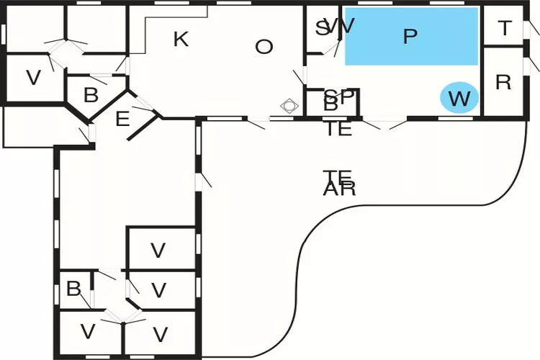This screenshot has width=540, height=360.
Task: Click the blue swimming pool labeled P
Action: tap(411, 37)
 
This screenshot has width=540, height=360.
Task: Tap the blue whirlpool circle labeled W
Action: tap(459, 98)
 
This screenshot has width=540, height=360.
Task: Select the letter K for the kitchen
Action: tap(181, 40)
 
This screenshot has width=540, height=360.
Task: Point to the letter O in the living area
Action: tap(264, 48)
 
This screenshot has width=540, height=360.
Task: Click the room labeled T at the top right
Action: tap(505, 28)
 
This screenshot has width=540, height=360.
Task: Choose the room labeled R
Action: tap(503, 82)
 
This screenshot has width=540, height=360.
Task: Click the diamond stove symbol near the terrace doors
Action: tap(289, 106)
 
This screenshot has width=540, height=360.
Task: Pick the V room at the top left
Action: tap(33, 78)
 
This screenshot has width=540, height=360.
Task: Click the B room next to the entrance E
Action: tap(91, 95)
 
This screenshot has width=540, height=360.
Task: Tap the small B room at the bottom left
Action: tap(73, 289)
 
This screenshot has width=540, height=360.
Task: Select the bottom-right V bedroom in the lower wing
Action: tap(160, 334)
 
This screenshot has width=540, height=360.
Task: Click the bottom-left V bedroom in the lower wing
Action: tap(88, 332)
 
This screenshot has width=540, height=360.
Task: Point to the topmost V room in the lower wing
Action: tap(158, 251)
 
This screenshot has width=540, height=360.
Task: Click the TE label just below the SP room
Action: tap(338, 130)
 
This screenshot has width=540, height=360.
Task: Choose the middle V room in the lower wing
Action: tap(159, 291)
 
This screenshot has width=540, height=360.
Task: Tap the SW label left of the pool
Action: tap(336, 27)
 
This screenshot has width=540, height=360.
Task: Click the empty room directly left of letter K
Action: tap(96, 27)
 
